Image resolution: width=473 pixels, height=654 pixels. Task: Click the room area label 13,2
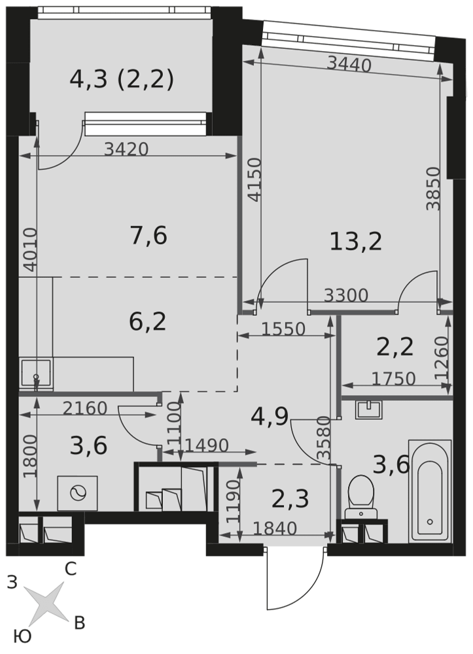355,241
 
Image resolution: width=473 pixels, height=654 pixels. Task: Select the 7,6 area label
149,235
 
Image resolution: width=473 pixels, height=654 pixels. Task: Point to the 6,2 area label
148,322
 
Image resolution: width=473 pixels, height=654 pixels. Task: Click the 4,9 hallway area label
270,416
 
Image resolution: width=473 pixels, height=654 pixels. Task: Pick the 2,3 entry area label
290,499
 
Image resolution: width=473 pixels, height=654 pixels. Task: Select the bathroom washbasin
369,409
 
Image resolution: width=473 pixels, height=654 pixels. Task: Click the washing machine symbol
78,493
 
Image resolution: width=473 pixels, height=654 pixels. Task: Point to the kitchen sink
36,373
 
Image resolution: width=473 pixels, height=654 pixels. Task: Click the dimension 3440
349,65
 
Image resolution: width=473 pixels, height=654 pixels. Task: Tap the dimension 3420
126,149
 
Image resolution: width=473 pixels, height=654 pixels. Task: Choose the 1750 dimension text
393,379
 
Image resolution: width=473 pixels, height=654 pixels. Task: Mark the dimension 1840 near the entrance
275,528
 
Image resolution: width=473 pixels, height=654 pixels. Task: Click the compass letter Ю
22,637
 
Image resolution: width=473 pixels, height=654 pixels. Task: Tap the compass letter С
71,569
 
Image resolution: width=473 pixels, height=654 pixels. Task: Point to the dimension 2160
85,408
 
